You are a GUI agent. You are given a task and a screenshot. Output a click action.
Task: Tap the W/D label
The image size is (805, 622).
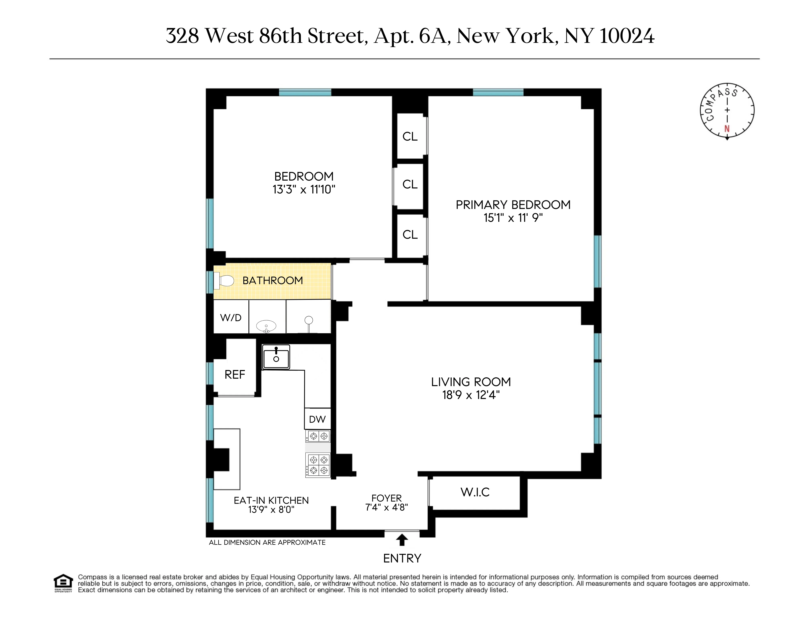coord(231,318)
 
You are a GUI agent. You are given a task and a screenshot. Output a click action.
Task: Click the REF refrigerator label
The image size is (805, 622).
coord(235,375)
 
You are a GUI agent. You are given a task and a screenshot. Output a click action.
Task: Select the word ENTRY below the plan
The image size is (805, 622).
coord(402,559)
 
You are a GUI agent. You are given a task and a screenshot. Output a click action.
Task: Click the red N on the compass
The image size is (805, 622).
coord(727,129)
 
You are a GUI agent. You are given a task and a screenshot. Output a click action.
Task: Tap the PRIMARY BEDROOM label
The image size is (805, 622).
coord(513,205)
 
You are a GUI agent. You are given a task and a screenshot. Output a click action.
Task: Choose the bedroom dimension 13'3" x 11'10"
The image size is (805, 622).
coord(304,189)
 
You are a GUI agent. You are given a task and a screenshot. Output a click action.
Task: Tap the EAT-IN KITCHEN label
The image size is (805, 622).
coord(271,500)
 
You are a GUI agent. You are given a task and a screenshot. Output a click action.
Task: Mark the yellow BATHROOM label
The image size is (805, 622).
coord(273,281)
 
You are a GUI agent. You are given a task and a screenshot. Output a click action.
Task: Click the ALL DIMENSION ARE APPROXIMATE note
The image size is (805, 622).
coord(267,542)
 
